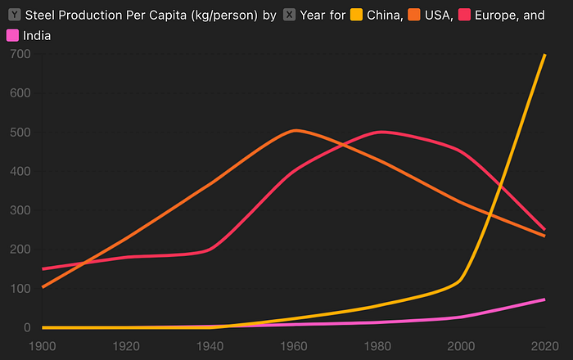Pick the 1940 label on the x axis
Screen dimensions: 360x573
point(210,344)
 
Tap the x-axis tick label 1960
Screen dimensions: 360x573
point(295,344)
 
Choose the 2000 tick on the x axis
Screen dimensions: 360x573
point(461,344)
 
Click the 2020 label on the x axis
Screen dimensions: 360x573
point(544,344)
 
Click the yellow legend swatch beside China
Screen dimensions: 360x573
point(356,16)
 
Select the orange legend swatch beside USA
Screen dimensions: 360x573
point(415,16)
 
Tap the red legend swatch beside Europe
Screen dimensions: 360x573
point(467,16)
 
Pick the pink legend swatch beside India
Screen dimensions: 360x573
point(13,35)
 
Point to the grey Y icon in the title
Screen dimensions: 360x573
point(13,16)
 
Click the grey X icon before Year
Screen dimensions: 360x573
point(290,16)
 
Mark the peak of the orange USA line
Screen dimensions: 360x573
point(295,130)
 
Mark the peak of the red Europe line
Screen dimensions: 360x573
point(381,132)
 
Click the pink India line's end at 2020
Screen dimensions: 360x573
point(544,299)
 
